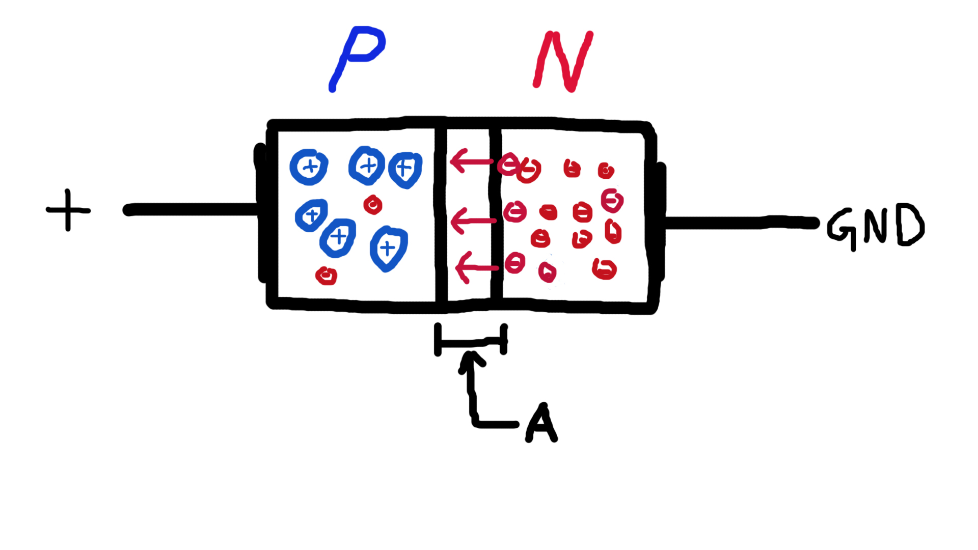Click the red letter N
[x=563, y=61]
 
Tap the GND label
[x=875, y=226]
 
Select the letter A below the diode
[x=541, y=423]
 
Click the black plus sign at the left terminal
[x=68, y=210]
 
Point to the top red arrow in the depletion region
[x=471, y=161]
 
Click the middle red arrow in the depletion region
[x=473, y=221]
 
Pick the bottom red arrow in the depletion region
[x=476, y=268]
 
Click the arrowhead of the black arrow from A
[x=472, y=360]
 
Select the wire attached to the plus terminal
[x=191, y=209]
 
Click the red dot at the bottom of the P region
[x=326, y=276]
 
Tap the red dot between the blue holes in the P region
[x=373, y=205]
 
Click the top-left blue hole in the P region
[x=309, y=167]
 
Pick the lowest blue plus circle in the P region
[x=388, y=249]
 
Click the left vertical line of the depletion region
[x=441, y=214]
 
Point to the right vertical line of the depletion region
[x=496, y=214]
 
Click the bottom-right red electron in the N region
[x=605, y=268]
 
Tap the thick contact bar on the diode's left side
[x=261, y=214]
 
